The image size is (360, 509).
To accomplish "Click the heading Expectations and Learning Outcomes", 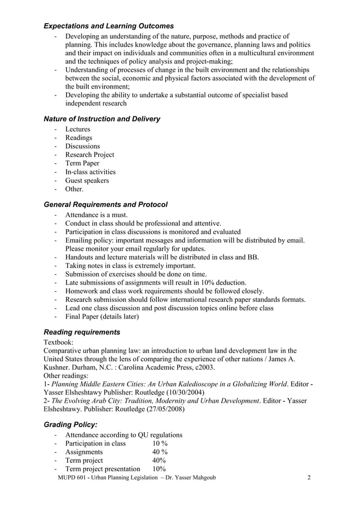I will [x=108, y=26].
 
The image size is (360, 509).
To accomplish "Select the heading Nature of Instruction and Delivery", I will [x=102, y=119].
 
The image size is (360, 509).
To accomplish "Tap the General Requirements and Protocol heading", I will [x=106, y=204].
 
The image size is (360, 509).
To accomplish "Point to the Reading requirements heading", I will [x=82, y=332].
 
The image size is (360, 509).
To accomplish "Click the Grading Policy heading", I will [x=71, y=424].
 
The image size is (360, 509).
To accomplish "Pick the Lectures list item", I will [x=77, y=129].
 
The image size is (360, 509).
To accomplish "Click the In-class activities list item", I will [x=90, y=172].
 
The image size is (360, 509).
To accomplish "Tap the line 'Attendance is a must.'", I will [x=96, y=215].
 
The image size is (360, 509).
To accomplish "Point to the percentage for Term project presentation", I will [x=159, y=469].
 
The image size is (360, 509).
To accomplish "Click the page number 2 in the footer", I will [x=309, y=478].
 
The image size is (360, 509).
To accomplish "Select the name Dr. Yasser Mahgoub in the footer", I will [x=188, y=478].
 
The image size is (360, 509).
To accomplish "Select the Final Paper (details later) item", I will [x=102, y=317].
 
